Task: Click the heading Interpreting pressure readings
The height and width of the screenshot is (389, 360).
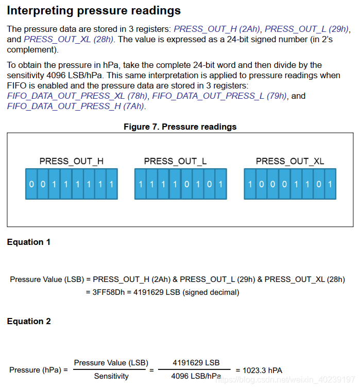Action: pos(94,10)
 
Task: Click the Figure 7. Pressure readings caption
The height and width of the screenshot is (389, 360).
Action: pos(180,127)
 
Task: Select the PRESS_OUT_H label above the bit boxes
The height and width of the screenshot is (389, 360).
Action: pos(71,161)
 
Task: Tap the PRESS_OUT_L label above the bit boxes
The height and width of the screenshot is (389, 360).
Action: pos(175,161)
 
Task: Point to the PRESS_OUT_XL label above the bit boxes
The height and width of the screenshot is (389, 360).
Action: pos(290,161)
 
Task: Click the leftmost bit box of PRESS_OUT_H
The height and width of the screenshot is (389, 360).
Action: pos(31,184)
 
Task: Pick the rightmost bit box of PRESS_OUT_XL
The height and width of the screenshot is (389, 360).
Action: pos(330,184)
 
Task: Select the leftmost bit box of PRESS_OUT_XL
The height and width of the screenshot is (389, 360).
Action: pos(250,184)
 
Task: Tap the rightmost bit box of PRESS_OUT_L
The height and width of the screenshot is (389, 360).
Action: pos(221,184)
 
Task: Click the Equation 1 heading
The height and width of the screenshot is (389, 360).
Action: pos(29,242)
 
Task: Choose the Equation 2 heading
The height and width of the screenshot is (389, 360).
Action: pos(29,321)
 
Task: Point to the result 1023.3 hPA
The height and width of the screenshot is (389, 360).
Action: pos(259,370)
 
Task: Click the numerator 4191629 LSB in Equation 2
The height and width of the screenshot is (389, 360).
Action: pos(196,363)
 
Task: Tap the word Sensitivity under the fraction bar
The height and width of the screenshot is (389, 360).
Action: pos(111,376)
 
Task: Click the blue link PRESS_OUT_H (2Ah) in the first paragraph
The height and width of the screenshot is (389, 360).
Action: pos(217,29)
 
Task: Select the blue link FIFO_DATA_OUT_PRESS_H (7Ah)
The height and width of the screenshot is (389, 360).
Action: pos(76,106)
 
